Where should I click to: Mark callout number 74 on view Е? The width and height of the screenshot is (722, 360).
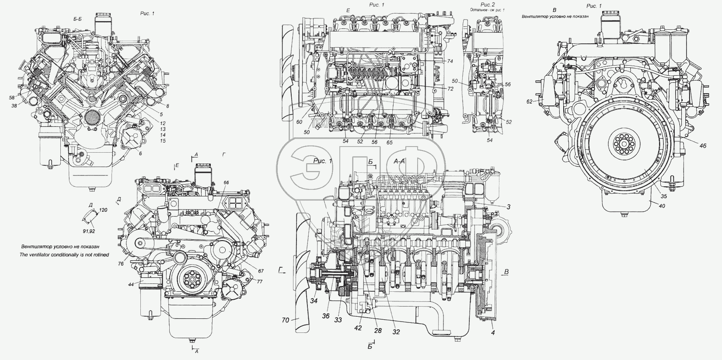tap(450, 61)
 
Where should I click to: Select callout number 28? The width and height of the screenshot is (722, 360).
tap(378, 331)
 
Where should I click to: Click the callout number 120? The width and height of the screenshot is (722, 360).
tap(103, 210)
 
